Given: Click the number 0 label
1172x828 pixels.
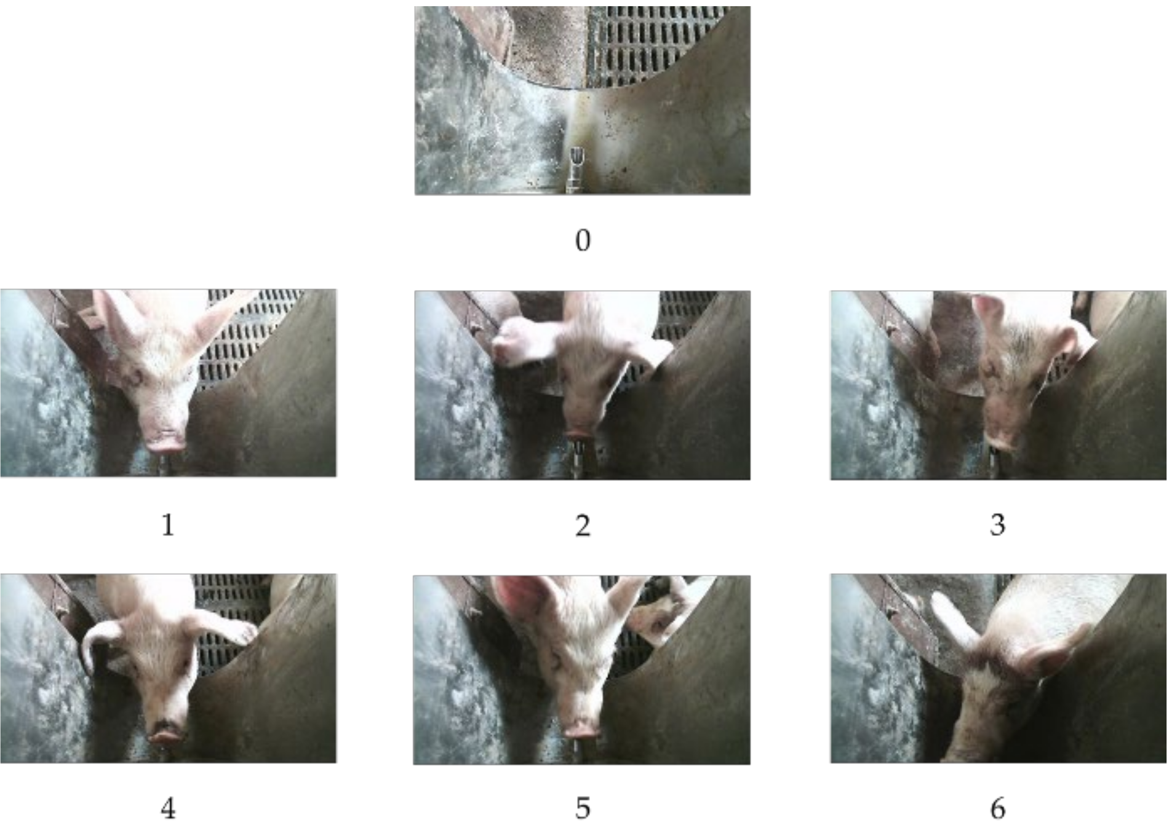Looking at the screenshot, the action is (x=583, y=240).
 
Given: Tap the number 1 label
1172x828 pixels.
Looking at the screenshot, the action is (x=167, y=525).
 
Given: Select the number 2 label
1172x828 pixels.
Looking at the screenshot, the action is (x=583, y=526).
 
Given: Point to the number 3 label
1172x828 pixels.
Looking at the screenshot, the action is (x=997, y=525).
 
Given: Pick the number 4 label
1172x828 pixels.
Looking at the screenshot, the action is (x=168, y=808).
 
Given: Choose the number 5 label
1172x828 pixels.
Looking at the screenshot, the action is (x=583, y=808).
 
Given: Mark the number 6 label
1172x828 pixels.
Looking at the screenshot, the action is (x=998, y=808).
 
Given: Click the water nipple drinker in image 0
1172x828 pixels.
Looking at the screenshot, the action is (x=576, y=169).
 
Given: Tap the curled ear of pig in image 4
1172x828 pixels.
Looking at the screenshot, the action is (x=102, y=642).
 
